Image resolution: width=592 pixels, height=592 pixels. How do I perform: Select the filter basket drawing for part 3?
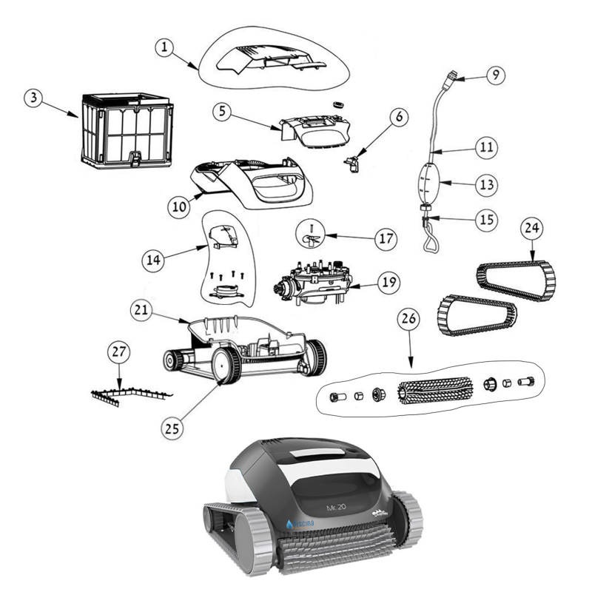coord(126,129)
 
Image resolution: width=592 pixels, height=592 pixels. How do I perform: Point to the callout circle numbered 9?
coord(496,74)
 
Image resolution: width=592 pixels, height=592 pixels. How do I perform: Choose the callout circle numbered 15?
coord(485,219)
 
